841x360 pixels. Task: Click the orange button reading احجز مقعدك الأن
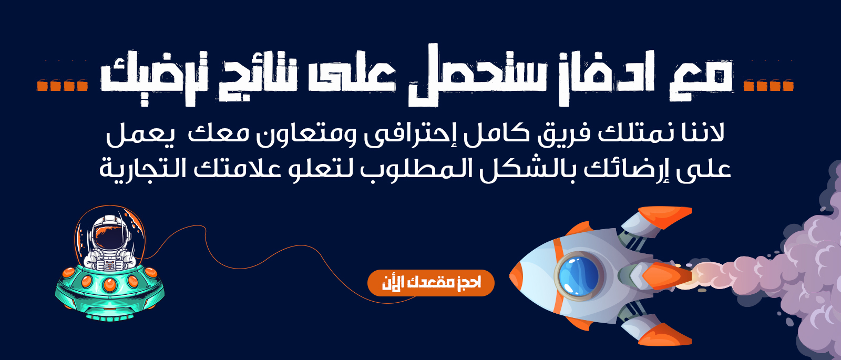coord(430,283)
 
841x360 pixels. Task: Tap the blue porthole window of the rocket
coord(579,276)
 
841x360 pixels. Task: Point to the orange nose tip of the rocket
coord(515,276)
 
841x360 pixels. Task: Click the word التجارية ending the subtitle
coord(141,169)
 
